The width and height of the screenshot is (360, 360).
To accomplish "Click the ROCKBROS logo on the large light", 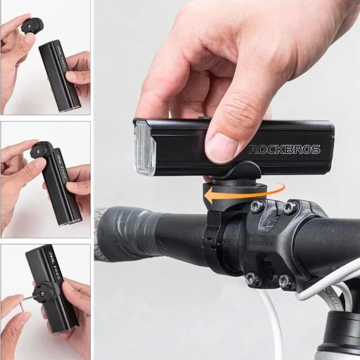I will (x=285, y=149).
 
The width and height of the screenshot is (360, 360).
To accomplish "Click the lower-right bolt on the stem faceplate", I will (x=284, y=281).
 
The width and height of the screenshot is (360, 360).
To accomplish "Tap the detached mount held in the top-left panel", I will (x=30, y=28).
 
